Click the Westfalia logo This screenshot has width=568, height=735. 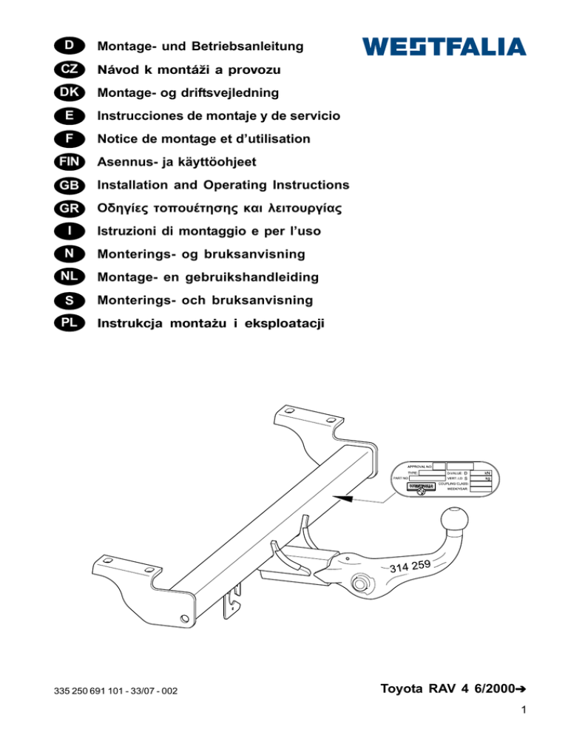pos(444,47)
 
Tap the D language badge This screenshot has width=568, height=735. pos(68,47)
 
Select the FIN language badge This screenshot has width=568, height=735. pos(68,162)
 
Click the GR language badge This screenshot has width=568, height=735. pos(68,208)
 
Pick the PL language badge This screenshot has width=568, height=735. pos(68,323)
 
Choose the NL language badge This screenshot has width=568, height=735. pos(68,277)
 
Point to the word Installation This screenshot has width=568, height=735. pos(134,185)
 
